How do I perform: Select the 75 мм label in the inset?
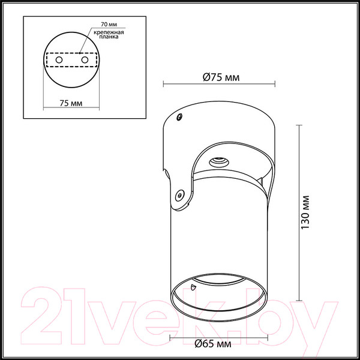point(72,103)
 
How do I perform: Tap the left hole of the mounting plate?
point(59,61)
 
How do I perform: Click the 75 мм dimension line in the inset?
point(72,109)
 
